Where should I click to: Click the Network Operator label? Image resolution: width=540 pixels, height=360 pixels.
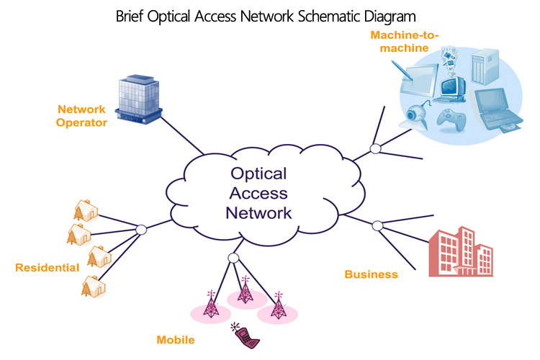tap(82, 116)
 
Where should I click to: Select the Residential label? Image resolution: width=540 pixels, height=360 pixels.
tap(47, 267)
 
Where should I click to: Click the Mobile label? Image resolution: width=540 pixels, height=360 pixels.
tap(176, 339)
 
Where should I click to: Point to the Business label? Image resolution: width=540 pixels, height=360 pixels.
tap(371, 274)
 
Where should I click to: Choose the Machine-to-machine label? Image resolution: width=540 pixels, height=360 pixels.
tap(400, 41)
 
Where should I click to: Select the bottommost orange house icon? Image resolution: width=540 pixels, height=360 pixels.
tap(93, 286)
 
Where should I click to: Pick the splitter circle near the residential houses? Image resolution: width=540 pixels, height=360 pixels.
tap(141, 230)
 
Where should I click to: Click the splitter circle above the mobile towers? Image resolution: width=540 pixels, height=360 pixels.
tap(233, 258)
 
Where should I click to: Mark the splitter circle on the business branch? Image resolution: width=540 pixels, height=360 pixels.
tap(377, 226)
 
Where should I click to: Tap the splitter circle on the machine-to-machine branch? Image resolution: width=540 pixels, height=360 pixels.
tap(375, 148)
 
